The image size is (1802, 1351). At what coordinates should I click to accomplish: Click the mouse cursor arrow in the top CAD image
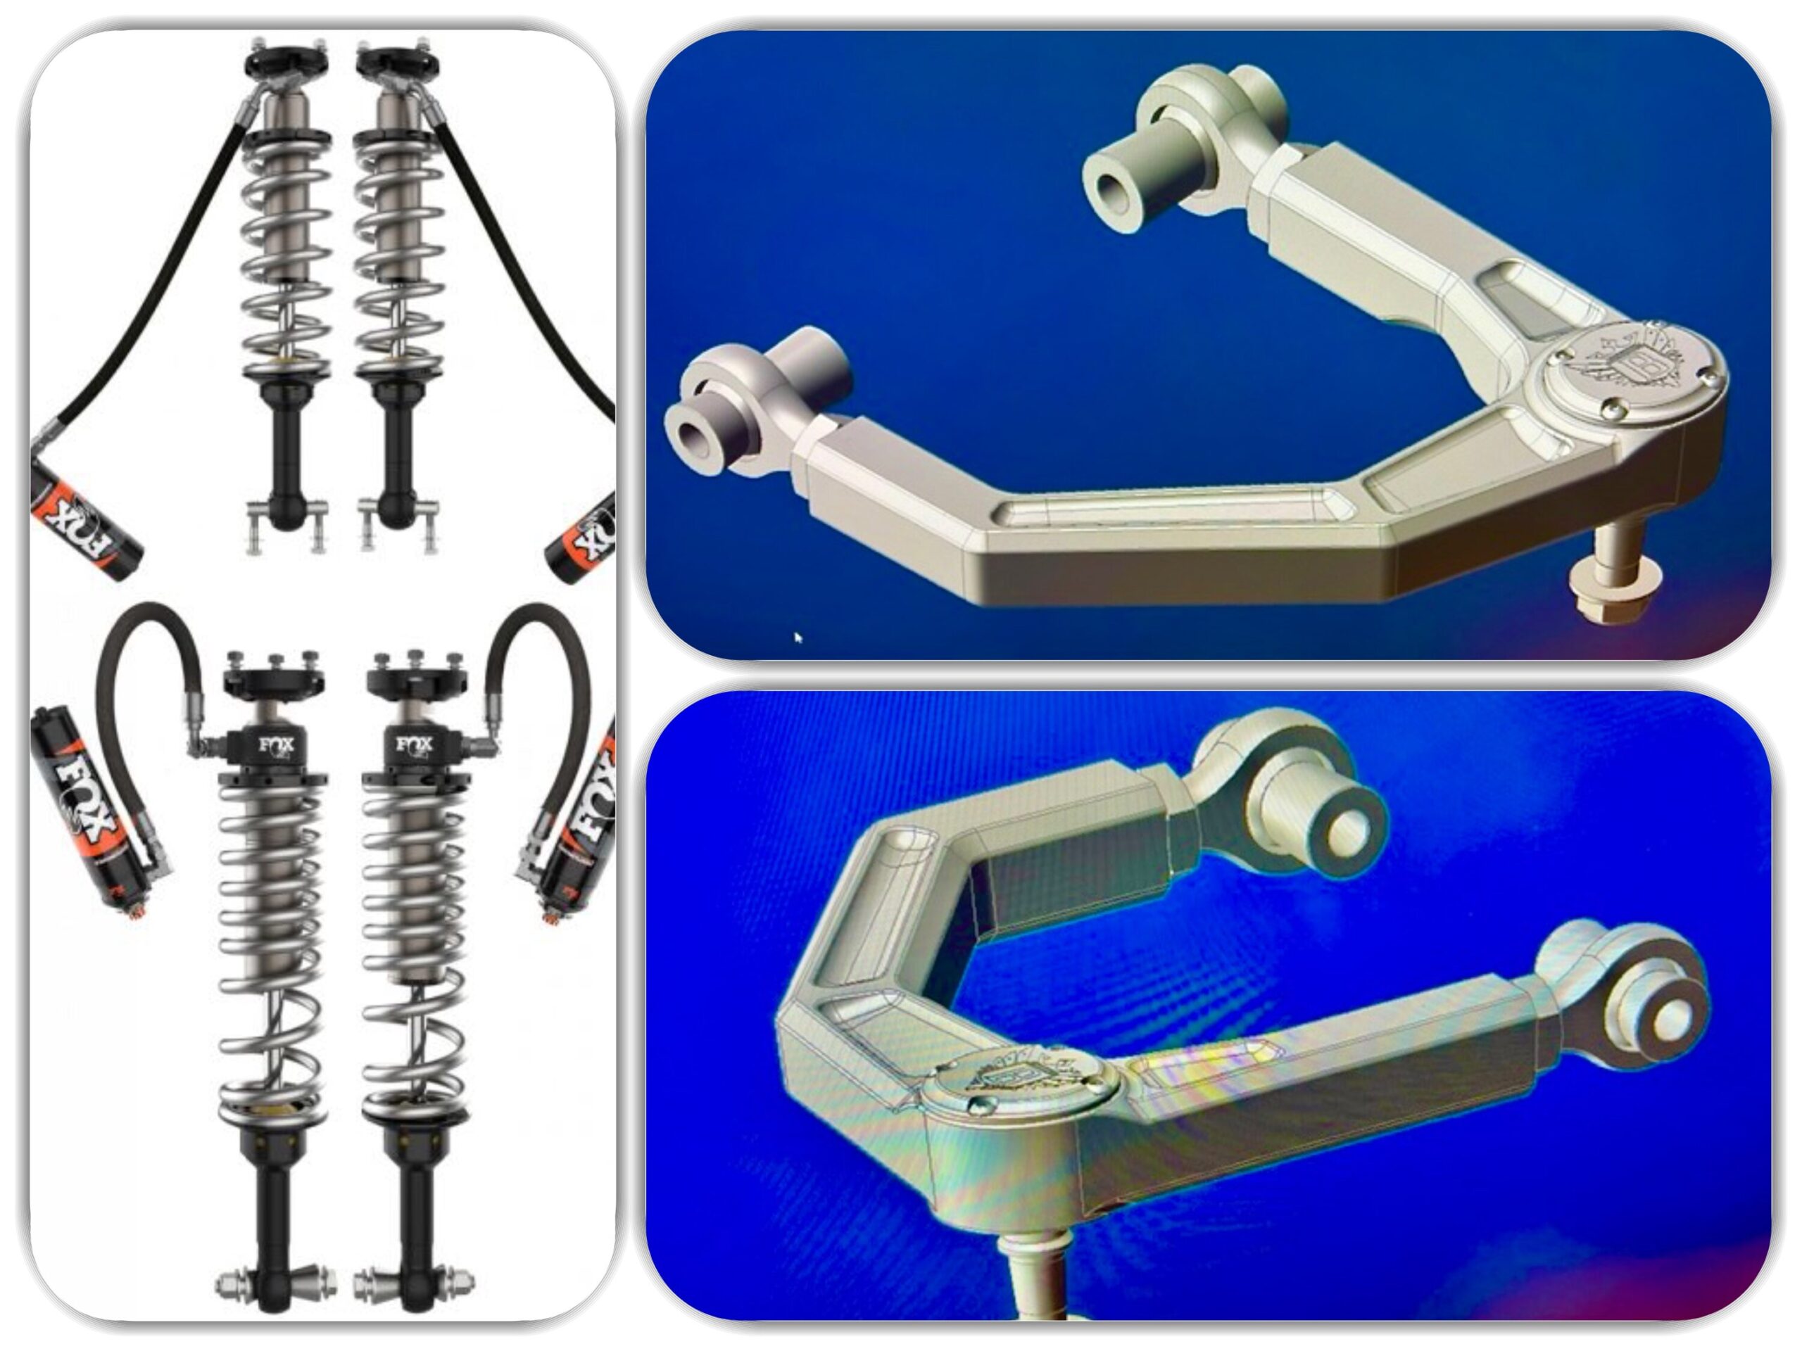[798, 638]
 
